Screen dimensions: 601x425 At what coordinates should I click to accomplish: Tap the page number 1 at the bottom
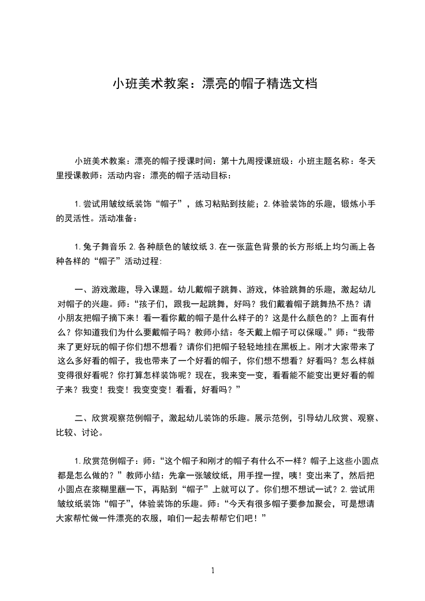[x=213, y=570]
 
